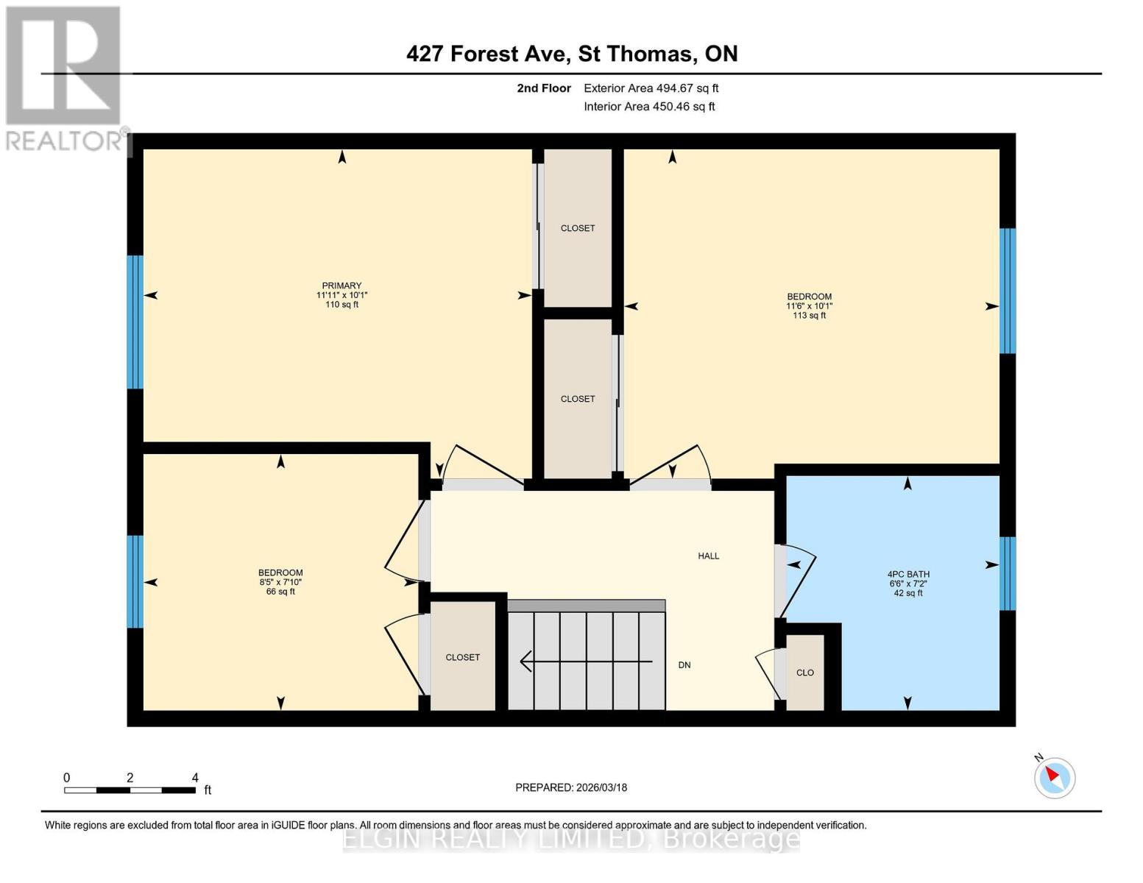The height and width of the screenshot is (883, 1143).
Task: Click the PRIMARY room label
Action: point(342,286)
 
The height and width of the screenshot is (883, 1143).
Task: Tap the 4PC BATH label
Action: point(907,574)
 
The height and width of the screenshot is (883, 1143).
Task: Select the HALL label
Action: point(708,556)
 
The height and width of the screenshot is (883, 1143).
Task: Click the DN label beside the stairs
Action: point(684,664)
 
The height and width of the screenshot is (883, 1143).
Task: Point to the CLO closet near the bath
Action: point(804,673)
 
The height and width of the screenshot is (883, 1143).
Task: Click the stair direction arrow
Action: point(586,662)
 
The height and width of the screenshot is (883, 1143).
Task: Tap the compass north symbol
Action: point(1055,777)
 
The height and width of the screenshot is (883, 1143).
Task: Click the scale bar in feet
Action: point(130,790)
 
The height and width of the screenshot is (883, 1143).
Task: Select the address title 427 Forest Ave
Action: point(571,54)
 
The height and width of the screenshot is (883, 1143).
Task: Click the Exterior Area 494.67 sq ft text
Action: point(651,88)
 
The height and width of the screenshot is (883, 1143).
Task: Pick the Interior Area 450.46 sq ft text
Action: point(649,107)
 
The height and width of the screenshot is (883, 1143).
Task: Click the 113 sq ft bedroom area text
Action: point(809,315)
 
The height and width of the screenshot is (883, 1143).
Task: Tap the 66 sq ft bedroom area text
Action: point(280,591)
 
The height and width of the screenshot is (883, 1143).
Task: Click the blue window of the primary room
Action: point(135,322)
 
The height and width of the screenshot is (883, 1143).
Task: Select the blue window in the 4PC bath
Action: point(1008,574)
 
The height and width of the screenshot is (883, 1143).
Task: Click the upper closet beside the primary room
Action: point(578,228)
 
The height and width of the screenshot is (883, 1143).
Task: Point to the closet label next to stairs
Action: point(462,657)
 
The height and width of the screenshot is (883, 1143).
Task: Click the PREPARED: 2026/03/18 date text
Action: point(571,787)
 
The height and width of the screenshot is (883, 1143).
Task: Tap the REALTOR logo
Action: point(64,77)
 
